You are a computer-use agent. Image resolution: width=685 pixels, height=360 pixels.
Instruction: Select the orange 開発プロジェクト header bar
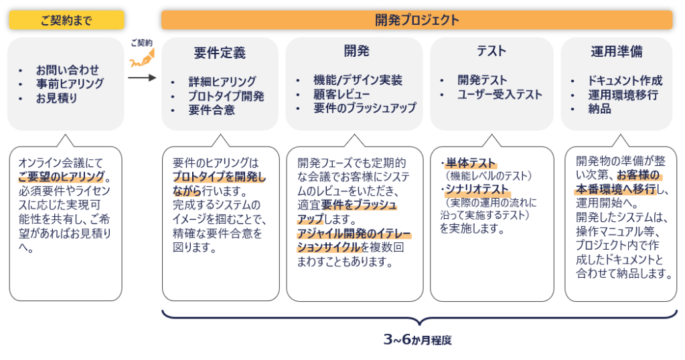[416, 20]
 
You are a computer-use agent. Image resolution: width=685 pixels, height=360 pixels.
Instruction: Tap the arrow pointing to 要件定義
[141, 77]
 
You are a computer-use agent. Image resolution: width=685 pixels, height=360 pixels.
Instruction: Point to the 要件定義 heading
[220, 52]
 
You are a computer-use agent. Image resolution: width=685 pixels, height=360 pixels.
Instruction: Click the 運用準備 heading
[616, 52]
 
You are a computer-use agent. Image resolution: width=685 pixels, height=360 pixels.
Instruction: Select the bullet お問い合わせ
[68, 70]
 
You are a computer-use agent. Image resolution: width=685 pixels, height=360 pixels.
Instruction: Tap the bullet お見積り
[57, 98]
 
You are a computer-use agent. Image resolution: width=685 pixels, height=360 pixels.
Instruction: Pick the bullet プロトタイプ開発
[226, 96]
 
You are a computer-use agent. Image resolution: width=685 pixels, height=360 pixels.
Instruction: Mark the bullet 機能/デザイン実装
[358, 80]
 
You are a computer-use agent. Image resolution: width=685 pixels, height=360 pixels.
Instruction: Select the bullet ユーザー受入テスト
[500, 94]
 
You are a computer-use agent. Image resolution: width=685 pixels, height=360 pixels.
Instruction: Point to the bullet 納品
[600, 108]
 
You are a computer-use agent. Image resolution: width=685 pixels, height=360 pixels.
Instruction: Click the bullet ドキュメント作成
[625, 80]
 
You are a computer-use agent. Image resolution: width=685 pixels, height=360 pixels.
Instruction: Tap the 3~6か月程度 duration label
[418, 340]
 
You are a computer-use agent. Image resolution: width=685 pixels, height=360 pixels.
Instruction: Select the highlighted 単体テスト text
[471, 163]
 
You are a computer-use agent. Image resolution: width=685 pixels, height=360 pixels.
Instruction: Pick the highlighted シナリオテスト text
[476, 190]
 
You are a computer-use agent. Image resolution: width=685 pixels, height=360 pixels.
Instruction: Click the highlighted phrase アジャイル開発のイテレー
[354, 234]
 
